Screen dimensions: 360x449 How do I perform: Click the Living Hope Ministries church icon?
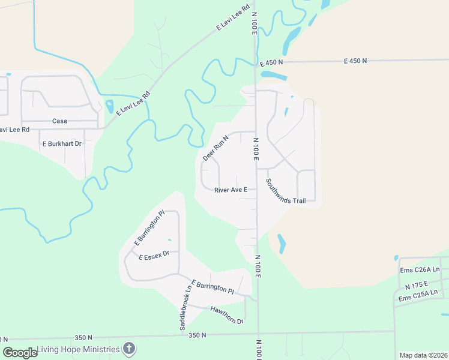[128, 349]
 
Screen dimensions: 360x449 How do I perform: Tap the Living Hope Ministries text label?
[78, 349]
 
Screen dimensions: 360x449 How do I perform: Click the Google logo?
[20, 353]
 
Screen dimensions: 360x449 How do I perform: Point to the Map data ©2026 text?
[423, 355]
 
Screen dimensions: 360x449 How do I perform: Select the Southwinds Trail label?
[286, 191]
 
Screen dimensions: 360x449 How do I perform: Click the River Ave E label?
[231, 190]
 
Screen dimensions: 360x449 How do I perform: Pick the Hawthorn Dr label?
[226, 316]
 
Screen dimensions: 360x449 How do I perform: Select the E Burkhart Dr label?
[61, 144]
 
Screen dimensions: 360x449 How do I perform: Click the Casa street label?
[59, 121]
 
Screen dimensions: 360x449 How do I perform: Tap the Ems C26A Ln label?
[420, 270]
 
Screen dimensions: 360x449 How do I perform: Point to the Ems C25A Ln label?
[419, 298]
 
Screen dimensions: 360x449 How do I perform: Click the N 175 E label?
[416, 284]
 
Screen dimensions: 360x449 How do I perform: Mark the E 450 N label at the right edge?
[355, 61]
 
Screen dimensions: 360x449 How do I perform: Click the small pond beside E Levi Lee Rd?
[109, 107]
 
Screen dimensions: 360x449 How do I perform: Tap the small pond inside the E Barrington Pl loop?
[169, 241]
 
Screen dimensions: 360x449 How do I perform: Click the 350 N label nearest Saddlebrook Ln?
[197, 335]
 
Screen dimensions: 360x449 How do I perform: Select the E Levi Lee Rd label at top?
[233, 19]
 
